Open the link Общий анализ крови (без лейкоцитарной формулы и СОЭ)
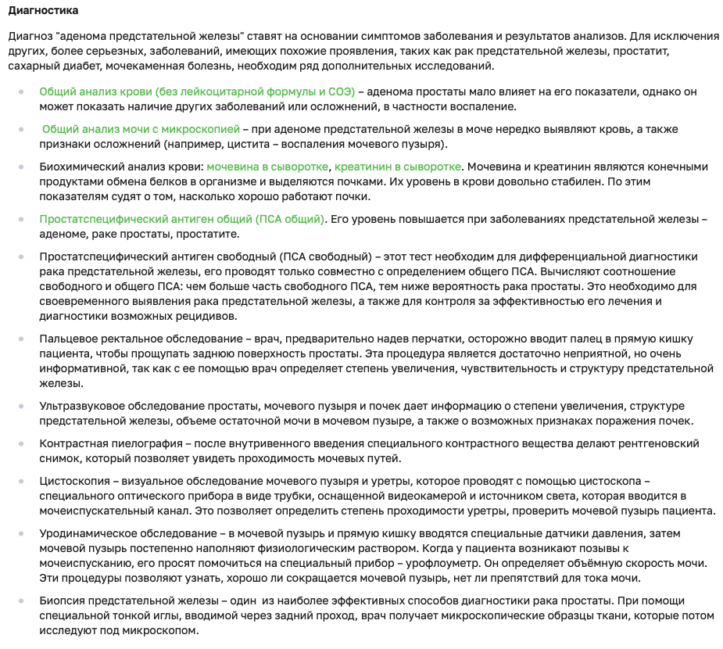click(x=197, y=91)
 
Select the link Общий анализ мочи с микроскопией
click(x=141, y=128)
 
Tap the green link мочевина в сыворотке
click(x=268, y=166)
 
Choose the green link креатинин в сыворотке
click(x=398, y=166)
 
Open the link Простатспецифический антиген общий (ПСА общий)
click(x=182, y=219)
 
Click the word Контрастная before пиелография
click(x=73, y=443)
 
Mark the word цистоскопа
click(x=611, y=480)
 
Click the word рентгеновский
click(x=661, y=443)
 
